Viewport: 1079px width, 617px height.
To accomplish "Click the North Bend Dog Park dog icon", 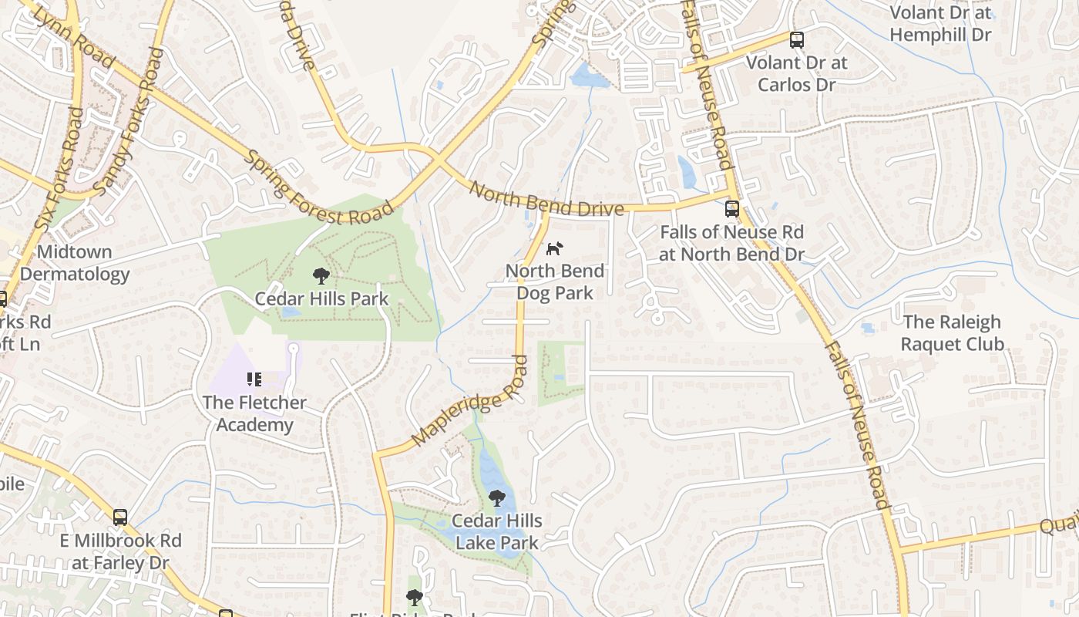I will (x=555, y=248).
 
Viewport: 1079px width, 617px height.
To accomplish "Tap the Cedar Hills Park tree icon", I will (x=321, y=276).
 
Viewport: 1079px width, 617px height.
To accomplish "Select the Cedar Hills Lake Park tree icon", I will (x=497, y=498).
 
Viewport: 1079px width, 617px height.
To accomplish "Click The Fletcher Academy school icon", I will (x=254, y=379).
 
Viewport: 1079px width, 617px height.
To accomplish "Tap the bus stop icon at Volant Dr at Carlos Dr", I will (x=797, y=40).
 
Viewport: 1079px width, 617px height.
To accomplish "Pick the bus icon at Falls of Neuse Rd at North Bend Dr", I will (x=732, y=209).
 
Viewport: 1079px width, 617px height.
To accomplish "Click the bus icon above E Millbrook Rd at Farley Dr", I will (x=120, y=517).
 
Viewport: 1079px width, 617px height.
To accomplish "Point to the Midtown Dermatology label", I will (x=75, y=263).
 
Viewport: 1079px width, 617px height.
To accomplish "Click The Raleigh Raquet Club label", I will (x=953, y=332).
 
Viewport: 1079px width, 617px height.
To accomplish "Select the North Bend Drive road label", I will (x=546, y=199).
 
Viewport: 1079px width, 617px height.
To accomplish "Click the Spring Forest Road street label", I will (x=318, y=188).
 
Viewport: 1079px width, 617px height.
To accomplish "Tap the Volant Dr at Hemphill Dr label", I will (x=940, y=23).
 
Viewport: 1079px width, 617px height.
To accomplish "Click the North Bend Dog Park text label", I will (x=555, y=282).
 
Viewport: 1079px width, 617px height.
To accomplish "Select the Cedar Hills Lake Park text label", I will (x=497, y=532).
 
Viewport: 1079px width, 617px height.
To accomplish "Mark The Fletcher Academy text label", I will (x=254, y=413).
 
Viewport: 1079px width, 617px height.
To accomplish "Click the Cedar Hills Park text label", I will (x=321, y=298).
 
